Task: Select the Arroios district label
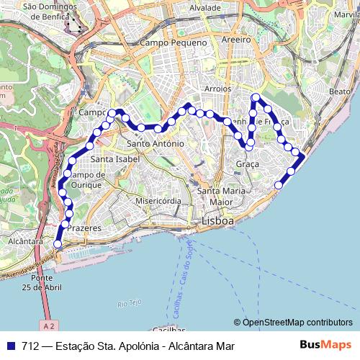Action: point(217,89)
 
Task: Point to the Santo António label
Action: point(156,144)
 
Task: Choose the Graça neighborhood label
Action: point(247,165)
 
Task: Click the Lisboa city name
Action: point(217,221)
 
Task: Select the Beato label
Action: point(338,91)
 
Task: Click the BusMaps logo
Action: point(326,346)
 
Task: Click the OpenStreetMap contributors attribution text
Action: point(297,323)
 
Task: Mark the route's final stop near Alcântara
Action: point(58,245)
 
